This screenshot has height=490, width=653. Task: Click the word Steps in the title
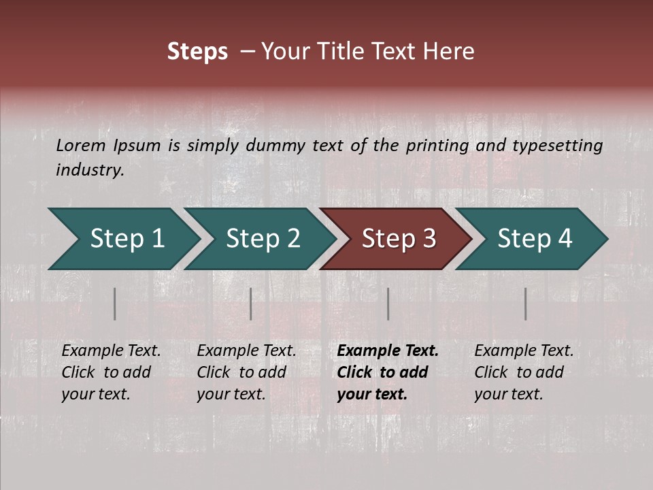pos(197,52)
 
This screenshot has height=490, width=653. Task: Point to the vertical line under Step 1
pos(115,304)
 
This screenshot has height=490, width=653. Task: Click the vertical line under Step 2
pos(251,304)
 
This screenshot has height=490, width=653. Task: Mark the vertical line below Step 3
pos(388,304)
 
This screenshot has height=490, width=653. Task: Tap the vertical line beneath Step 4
pos(526,304)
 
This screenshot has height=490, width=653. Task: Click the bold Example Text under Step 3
pos(388,351)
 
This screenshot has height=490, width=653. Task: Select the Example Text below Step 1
pos(111,351)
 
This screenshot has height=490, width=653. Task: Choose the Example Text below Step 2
pos(246,351)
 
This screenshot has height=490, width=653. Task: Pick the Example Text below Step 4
pos(524,351)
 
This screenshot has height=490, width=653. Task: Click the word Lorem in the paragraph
pos(80,146)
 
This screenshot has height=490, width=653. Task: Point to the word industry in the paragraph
pos(89,170)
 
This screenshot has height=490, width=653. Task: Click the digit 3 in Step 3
pos(428,239)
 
